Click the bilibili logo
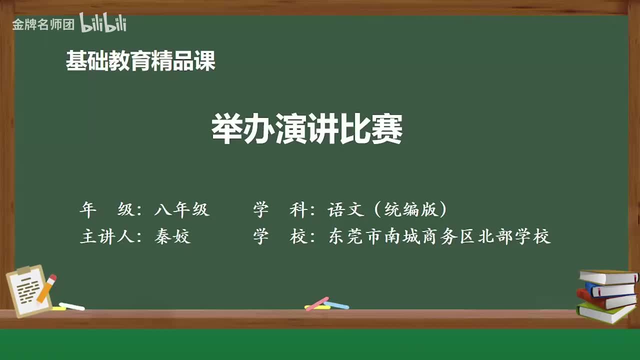(103, 23)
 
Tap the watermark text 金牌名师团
(43, 24)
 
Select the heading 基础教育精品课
(140, 61)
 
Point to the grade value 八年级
(181, 210)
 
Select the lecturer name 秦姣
(172, 236)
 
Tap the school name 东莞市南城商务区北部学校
(439, 236)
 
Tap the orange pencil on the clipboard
(46, 288)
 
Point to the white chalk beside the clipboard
(72, 306)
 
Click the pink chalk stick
(317, 303)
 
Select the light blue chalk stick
(336, 304)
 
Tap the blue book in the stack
(610, 289)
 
